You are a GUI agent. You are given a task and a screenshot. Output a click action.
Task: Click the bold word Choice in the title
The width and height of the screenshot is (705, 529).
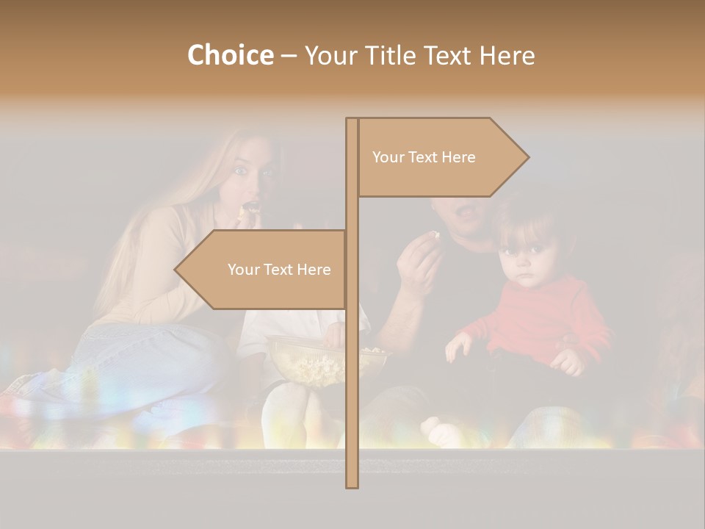pyautogui.click(x=230, y=56)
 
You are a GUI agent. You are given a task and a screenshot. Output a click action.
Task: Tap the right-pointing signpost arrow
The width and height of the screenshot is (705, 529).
pyautogui.click(x=441, y=157)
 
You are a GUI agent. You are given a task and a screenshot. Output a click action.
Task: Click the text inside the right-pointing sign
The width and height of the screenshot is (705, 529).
pyautogui.click(x=424, y=157)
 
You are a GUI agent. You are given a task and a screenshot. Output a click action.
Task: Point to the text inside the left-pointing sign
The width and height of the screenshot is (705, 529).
pyautogui.click(x=279, y=270)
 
